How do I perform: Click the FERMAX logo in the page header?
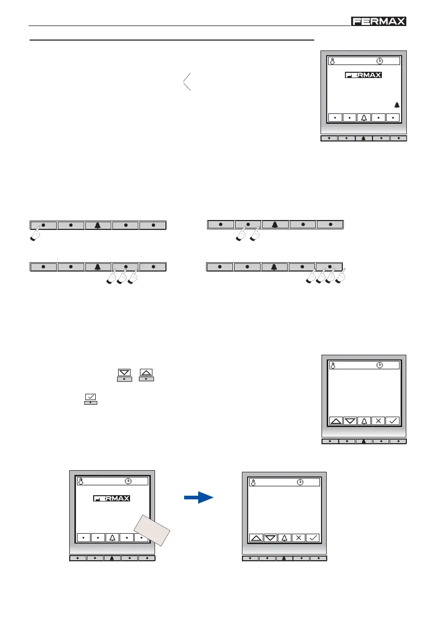[379, 21]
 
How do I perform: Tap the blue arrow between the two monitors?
[199, 498]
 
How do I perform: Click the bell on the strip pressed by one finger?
[98, 226]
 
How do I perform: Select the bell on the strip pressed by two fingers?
[275, 225]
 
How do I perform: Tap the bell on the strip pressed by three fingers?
[98, 267]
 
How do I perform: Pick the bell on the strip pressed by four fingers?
[275, 267]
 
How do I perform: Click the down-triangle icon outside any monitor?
[124, 372]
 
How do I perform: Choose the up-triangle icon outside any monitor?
[147, 372]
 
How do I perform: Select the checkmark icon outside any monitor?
[91, 397]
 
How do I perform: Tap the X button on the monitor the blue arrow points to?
[299, 538]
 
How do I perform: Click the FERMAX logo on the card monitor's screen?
[112, 498]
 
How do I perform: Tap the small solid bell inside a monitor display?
[397, 105]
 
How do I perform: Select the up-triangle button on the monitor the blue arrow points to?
[256, 538]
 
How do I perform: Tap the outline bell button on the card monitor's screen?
[112, 537]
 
